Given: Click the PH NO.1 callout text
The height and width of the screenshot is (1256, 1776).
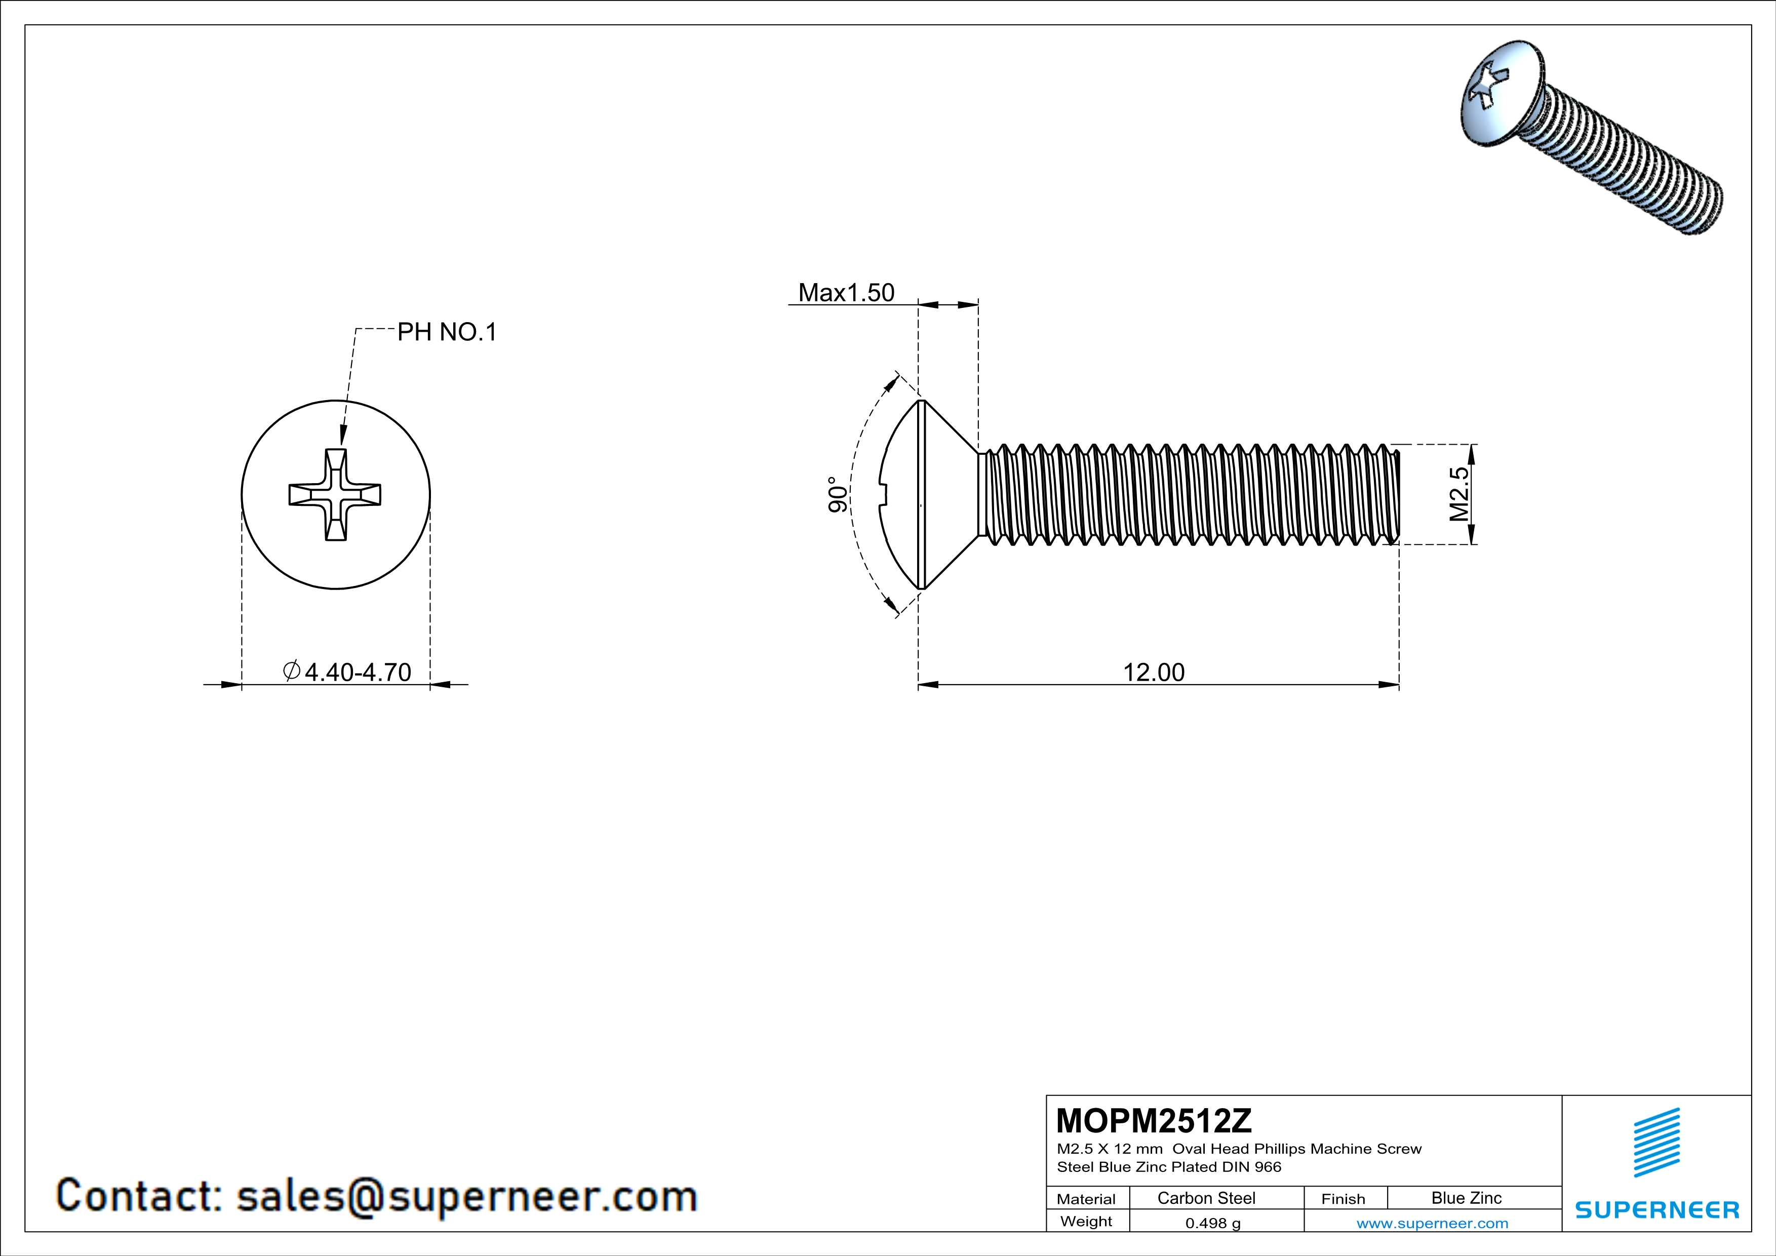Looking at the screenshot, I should (446, 333).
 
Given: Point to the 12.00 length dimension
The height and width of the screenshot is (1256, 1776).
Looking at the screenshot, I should (1153, 672).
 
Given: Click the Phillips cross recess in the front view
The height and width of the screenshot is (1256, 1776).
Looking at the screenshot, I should (335, 494).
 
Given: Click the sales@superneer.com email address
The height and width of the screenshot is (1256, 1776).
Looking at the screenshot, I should (466, 1196).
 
